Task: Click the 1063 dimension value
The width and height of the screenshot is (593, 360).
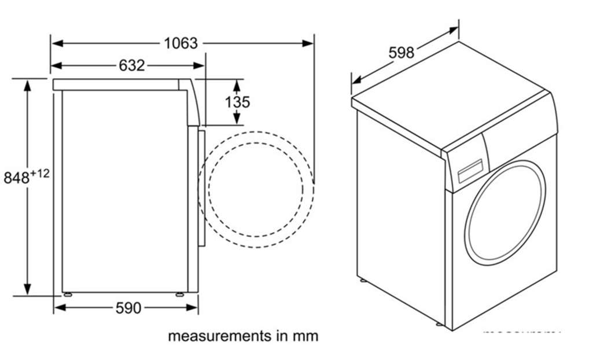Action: point(181,43)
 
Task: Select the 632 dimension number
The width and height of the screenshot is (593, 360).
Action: point(131,65)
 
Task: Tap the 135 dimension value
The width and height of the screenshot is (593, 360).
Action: point(237,102)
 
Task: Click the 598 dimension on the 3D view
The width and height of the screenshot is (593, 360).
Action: point(401,53)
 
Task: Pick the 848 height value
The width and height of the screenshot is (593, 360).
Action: point(17,178)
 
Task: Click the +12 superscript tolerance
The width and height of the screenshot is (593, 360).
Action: point(40,173)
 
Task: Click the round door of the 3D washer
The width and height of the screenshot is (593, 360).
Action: point(507,213)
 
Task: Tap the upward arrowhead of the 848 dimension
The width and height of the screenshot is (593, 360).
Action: point(27,85)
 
